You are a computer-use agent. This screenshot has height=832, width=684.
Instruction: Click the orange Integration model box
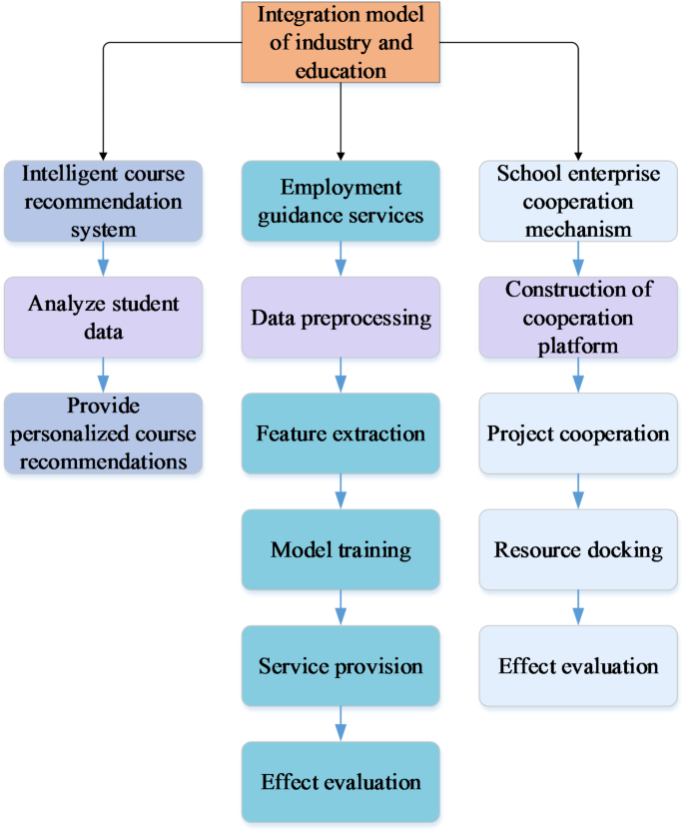pos(342,42)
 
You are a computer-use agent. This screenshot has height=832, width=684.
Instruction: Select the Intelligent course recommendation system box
pos(103,201)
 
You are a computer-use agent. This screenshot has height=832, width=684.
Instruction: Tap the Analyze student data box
pos(103,317)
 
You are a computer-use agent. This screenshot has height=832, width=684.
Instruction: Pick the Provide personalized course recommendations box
pos(103,433)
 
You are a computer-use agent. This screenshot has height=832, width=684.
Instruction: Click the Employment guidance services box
pos(341,201)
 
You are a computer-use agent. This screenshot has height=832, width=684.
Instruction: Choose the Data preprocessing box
pos(341,318)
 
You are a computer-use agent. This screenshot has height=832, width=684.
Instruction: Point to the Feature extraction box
pos(341,433)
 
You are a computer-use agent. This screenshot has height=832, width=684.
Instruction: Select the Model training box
pos(341,549)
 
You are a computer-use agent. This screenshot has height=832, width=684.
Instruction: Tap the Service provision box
pos(341,665)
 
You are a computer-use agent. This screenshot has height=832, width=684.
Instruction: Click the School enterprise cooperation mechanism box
pos(579,201)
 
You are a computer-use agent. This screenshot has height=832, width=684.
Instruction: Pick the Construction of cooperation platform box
pos(579,318)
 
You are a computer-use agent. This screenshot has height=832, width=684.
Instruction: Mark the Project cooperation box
pos(579,433)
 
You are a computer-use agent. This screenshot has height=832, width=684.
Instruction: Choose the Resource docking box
pos(579,549)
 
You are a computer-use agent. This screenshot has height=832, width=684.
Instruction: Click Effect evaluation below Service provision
pos(341,781)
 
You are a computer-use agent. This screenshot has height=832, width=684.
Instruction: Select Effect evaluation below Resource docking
pos(579,665)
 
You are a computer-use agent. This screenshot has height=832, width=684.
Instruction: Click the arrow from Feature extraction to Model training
pos(341,491)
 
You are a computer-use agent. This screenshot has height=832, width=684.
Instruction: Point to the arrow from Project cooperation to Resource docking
pos(579,491)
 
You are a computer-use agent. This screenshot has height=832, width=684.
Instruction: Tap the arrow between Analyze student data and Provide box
pos(103,376)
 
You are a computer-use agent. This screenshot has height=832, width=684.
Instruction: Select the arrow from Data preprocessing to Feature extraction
pos(341,376)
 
